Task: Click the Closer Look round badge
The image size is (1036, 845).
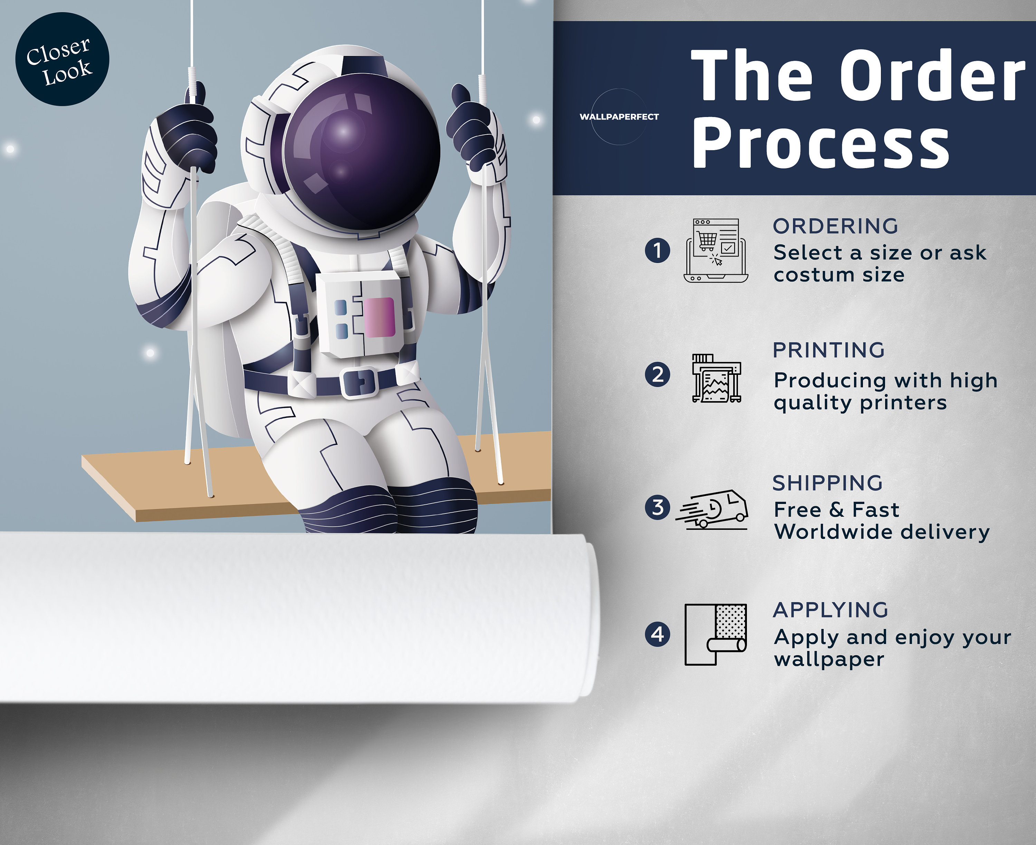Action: click(x=62, y=59)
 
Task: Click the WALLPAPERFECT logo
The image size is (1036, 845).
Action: click(x=619, y=117)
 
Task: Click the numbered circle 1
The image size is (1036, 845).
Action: click(x=657, y=251)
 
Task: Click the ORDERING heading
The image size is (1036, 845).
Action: click(x=835, y=226)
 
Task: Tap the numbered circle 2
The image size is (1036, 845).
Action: click(x=657, y=375)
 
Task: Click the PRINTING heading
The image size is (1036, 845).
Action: click(x=828, y=350)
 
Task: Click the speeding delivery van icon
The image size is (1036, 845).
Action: click(x=711, y=509)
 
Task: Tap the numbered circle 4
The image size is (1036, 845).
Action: click(x=657, y=634)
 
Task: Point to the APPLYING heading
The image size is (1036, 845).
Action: click(x=831, y=610)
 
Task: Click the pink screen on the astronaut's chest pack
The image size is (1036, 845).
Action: click(x=379, y=317)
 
